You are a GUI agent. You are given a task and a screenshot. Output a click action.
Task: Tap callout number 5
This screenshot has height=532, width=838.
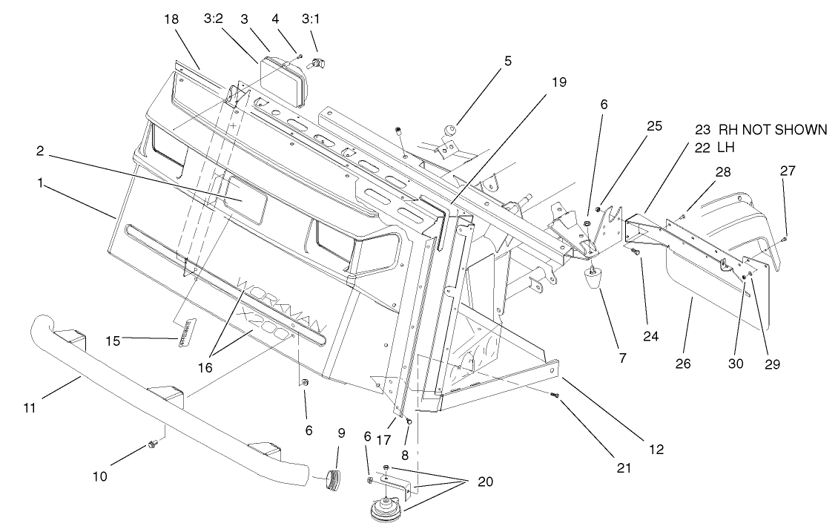508,62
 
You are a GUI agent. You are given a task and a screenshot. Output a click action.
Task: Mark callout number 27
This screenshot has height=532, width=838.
787,171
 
